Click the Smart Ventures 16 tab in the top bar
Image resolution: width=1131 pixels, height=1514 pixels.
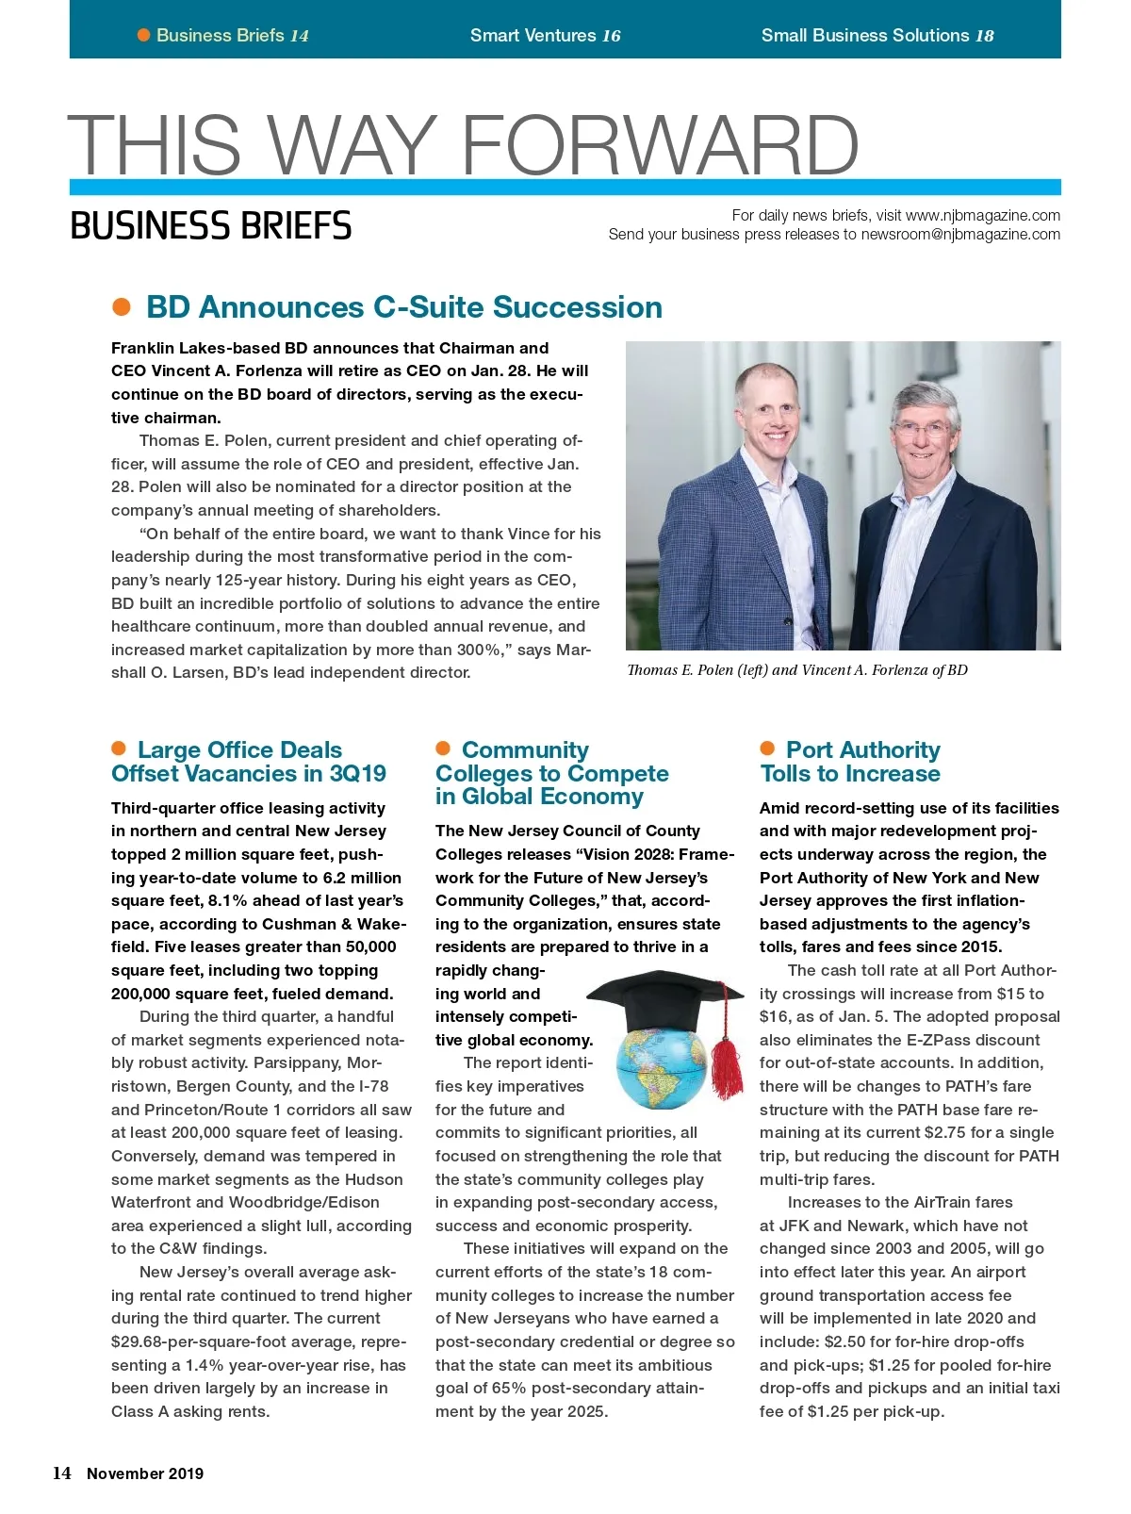click(545, 36)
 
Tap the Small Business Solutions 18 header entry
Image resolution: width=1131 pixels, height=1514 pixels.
click(877, 36)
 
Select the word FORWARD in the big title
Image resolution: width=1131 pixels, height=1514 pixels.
click(659, 145)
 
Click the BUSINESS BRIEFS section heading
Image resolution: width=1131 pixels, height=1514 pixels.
click(210, 226)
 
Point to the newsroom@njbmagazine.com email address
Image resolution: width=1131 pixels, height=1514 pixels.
click(960, 235)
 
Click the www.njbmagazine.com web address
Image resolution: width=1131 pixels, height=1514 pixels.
click(982, 215)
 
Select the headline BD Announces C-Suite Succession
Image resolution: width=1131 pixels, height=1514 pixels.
click(403, 307)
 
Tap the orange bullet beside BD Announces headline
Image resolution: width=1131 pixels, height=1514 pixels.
click(122, 307)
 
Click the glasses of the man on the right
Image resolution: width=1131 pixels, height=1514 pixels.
click(923, 430)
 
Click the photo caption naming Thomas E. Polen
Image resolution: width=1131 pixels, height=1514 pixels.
click(796, 670)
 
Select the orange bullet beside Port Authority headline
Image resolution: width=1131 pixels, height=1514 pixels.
click(767, 749)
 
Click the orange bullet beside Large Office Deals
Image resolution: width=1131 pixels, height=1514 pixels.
click(119, 749)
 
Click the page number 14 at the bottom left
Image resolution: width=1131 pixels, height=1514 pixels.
click(62, 1473)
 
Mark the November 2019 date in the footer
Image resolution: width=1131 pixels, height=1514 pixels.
click(145, 1474)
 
